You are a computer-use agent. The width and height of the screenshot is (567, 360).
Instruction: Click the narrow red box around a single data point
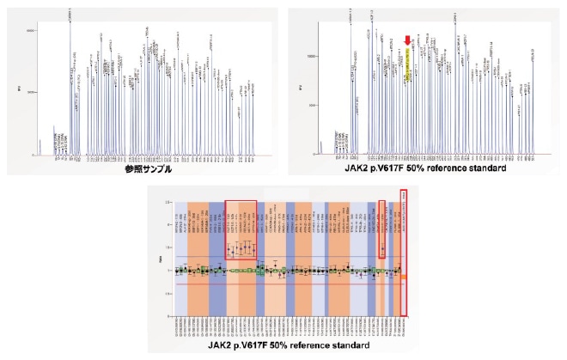click(x=382, y=229)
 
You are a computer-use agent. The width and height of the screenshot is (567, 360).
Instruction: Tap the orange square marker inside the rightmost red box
click(x=405, y=277)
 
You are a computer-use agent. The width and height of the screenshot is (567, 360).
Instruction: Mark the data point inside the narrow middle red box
click(x=382, y=249)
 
